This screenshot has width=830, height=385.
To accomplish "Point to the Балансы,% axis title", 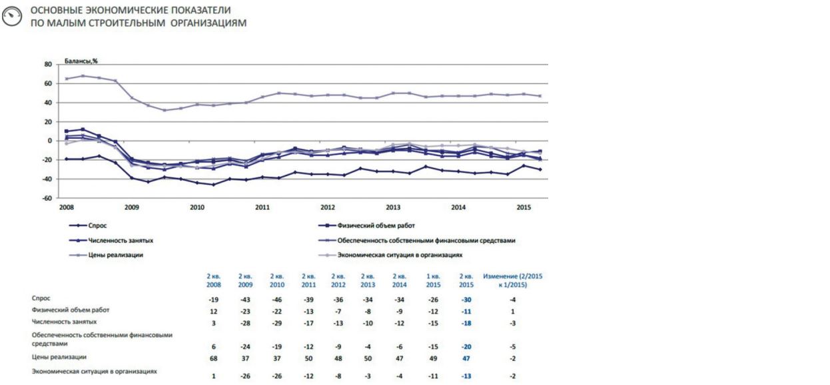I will click(81, 60).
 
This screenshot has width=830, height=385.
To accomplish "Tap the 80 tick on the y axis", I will click(47, 65).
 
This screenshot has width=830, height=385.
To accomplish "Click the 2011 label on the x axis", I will click(262, 208).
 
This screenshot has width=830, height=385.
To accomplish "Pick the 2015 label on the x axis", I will click(524, 208).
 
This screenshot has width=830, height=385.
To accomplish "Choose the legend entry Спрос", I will click(97, 226).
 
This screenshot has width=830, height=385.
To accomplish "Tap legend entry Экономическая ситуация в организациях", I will click(400, 255).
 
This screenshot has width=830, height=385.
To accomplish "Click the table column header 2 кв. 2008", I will click(214, 280).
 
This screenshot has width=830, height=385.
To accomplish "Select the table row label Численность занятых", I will click(64, 321).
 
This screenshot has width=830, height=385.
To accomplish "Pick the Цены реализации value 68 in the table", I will click(214, 358).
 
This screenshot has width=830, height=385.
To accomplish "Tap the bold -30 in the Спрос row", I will click(467, 300).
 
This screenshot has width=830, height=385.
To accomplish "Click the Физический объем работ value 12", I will click(214, 312).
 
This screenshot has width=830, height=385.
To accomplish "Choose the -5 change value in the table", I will click(512, 347).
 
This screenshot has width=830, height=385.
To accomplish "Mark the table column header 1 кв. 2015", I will click(433, 280).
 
